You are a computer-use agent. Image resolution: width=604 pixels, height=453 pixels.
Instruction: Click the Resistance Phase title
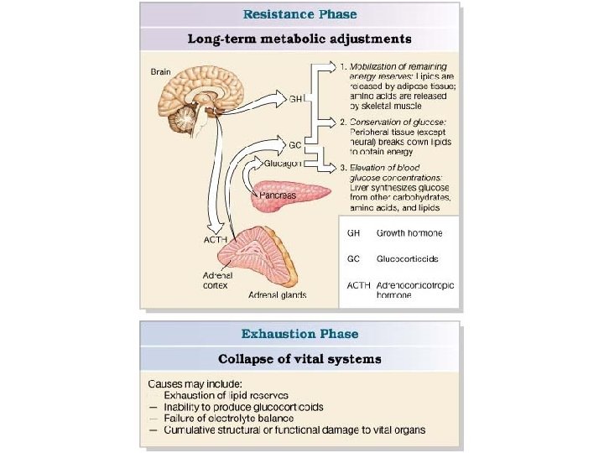tap(299, 13)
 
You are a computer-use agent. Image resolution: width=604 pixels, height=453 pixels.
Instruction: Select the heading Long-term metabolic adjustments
tap(299, 39)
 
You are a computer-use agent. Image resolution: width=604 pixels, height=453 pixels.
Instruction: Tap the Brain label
tap(160, 72)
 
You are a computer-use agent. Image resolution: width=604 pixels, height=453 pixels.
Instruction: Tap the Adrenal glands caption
tap(277, 295)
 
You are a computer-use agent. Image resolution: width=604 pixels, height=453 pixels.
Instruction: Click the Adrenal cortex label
tap(216, 279)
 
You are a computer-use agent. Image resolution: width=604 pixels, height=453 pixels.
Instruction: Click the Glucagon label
tap(284, 164)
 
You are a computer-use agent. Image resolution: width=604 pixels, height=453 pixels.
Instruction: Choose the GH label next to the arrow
tap(295, 99)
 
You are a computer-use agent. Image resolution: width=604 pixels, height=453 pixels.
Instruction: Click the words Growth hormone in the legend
tap(409, 232)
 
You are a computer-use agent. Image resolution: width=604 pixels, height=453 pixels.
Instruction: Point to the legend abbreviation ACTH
tap(358, 285)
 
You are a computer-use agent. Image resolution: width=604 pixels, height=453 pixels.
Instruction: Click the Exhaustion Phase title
tap(299, 334)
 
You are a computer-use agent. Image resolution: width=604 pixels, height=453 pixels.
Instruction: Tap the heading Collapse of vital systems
tap(299, 359)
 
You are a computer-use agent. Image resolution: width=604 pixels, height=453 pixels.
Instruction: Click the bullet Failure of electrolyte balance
tap(226, 419)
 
